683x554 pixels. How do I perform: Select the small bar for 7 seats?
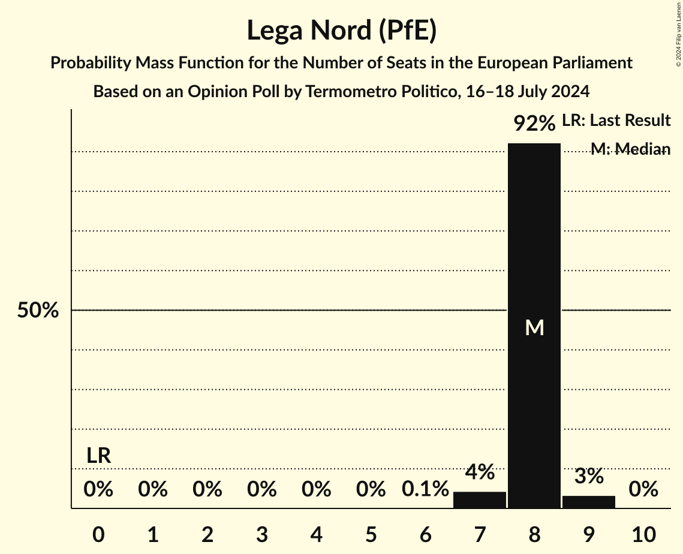[479, 500]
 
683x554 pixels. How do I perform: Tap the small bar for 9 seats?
[588, 502]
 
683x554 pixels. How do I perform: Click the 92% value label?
[534, 124]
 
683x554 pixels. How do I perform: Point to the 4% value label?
[479, 472]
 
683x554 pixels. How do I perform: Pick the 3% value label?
[588, 476]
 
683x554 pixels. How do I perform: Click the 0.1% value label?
[425, 489]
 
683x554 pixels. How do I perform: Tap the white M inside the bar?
[534, 327]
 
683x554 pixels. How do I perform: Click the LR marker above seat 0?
[98, 456]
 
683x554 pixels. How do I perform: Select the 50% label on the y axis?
[38, 311]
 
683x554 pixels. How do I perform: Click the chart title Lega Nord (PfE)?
[341, 31]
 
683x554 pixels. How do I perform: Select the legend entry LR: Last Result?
[616, 121]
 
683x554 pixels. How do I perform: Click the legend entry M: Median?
[630, 149]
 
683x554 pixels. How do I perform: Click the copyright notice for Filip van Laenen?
[678, 33]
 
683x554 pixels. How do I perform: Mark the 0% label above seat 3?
[262, 489]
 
